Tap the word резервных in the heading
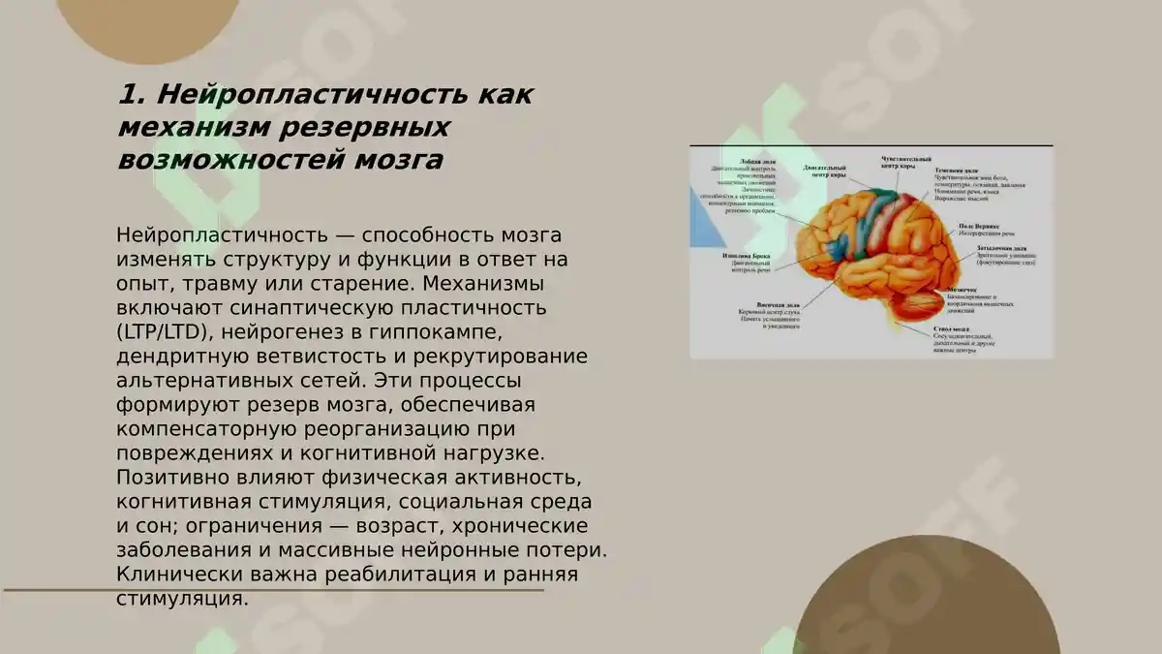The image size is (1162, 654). (365, 127)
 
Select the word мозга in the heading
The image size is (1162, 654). (394, 159)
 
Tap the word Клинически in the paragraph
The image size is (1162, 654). (171, 575)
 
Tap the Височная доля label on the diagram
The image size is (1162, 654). (757, 303)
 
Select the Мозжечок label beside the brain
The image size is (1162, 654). (962, 289)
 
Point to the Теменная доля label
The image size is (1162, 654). (963, 171)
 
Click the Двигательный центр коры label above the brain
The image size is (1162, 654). (825, 170)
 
